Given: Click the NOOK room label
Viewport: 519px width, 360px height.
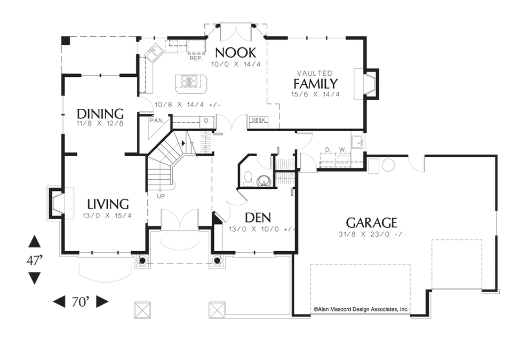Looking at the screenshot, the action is pyautogui.click(x=235, y=52).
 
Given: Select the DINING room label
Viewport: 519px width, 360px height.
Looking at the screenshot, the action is pyautogui.click(x=100, y=114).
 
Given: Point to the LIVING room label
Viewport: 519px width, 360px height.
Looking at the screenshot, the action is pyautogui.click(x=108, y=204).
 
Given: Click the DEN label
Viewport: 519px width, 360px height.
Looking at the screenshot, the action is pyautogui.click(x=258, y=218).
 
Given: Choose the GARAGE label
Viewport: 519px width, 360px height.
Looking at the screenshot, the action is pyautogui.click(x=371, y=223).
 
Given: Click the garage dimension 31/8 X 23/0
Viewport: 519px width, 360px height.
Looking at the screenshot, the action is pyautogui.click(x=372, y=234).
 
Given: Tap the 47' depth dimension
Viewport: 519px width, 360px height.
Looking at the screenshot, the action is pyautogui.click(x=35, y=260).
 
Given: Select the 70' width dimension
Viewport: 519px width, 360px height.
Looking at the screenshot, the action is pyautogui.click(x=81, y=301).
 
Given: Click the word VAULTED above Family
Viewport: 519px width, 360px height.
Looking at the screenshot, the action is pyautogui.click(x=315, y=73).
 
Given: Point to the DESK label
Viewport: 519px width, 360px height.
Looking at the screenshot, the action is pyautogui.click(x=258, y=120).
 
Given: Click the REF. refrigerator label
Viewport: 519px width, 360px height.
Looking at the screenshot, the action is pyautogui.click(x=196, y=59).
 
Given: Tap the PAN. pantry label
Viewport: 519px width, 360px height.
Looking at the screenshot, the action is pyautogui.click(x=157, y=121).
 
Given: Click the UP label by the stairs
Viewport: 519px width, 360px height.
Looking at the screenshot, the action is pyautogui.click(x=161, y=196).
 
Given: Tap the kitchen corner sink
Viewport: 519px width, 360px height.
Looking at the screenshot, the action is pyautogui.click(x=153, y=53).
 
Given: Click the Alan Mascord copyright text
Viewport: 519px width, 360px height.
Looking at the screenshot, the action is pyautogui.click(x=361, y=309).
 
